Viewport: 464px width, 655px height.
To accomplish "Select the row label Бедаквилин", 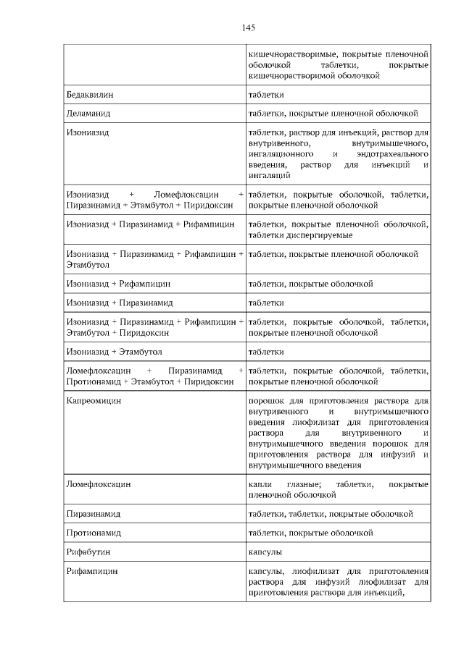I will click(89, 95).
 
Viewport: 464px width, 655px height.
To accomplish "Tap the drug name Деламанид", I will click(88, 114).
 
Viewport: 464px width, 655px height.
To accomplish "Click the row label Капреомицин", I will click(94, 400).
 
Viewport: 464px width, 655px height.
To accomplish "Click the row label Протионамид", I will click(93, 533).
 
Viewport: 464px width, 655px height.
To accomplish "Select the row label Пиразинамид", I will click(93, 514).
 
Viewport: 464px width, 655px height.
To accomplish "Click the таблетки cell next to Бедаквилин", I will click(266, 95).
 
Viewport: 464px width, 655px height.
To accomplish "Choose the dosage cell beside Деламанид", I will click(333, 114).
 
